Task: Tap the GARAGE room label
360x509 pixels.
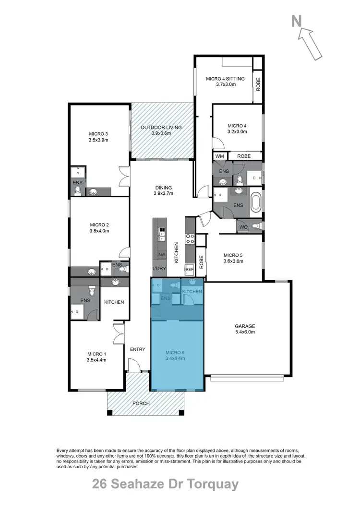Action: click(x=245, y=326)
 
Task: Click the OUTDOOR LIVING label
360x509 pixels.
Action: click(x=161, y=128)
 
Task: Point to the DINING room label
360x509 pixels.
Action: click(x=163, y=188)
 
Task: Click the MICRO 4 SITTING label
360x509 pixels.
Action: click(x=225, y=79)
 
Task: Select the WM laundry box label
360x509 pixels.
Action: click(x=220, y=156)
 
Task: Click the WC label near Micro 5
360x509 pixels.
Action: click(x=243, y=226)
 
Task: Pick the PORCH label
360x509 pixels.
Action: click(x=142, y=403)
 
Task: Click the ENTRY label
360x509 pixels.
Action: click(x=137, y=349)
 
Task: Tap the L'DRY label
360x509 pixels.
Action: click(x=159, y=269)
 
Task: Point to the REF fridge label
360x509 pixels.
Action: click(x=190, y=270)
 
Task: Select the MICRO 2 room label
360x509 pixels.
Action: click(x=100, y=224)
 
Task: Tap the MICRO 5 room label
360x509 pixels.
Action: click(x=234, y=255)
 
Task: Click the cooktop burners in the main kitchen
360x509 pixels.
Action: click(x=190, y=238)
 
